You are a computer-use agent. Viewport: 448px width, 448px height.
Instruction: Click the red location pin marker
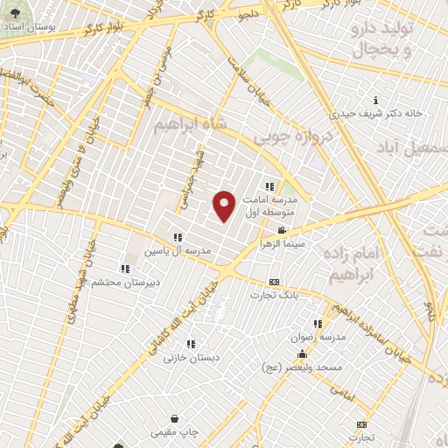(225, 206)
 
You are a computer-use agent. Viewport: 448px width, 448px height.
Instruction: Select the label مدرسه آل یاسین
(181, 249)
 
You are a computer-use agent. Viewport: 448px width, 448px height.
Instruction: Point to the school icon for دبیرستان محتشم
(125, 269)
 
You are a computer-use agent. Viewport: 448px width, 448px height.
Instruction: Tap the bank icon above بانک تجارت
(275, 283)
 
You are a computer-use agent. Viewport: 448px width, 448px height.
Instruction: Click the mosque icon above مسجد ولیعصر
(302, 355)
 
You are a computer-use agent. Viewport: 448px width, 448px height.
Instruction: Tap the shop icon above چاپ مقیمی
(176, 419)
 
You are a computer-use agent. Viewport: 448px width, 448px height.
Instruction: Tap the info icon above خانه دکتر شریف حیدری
(375, 100)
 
